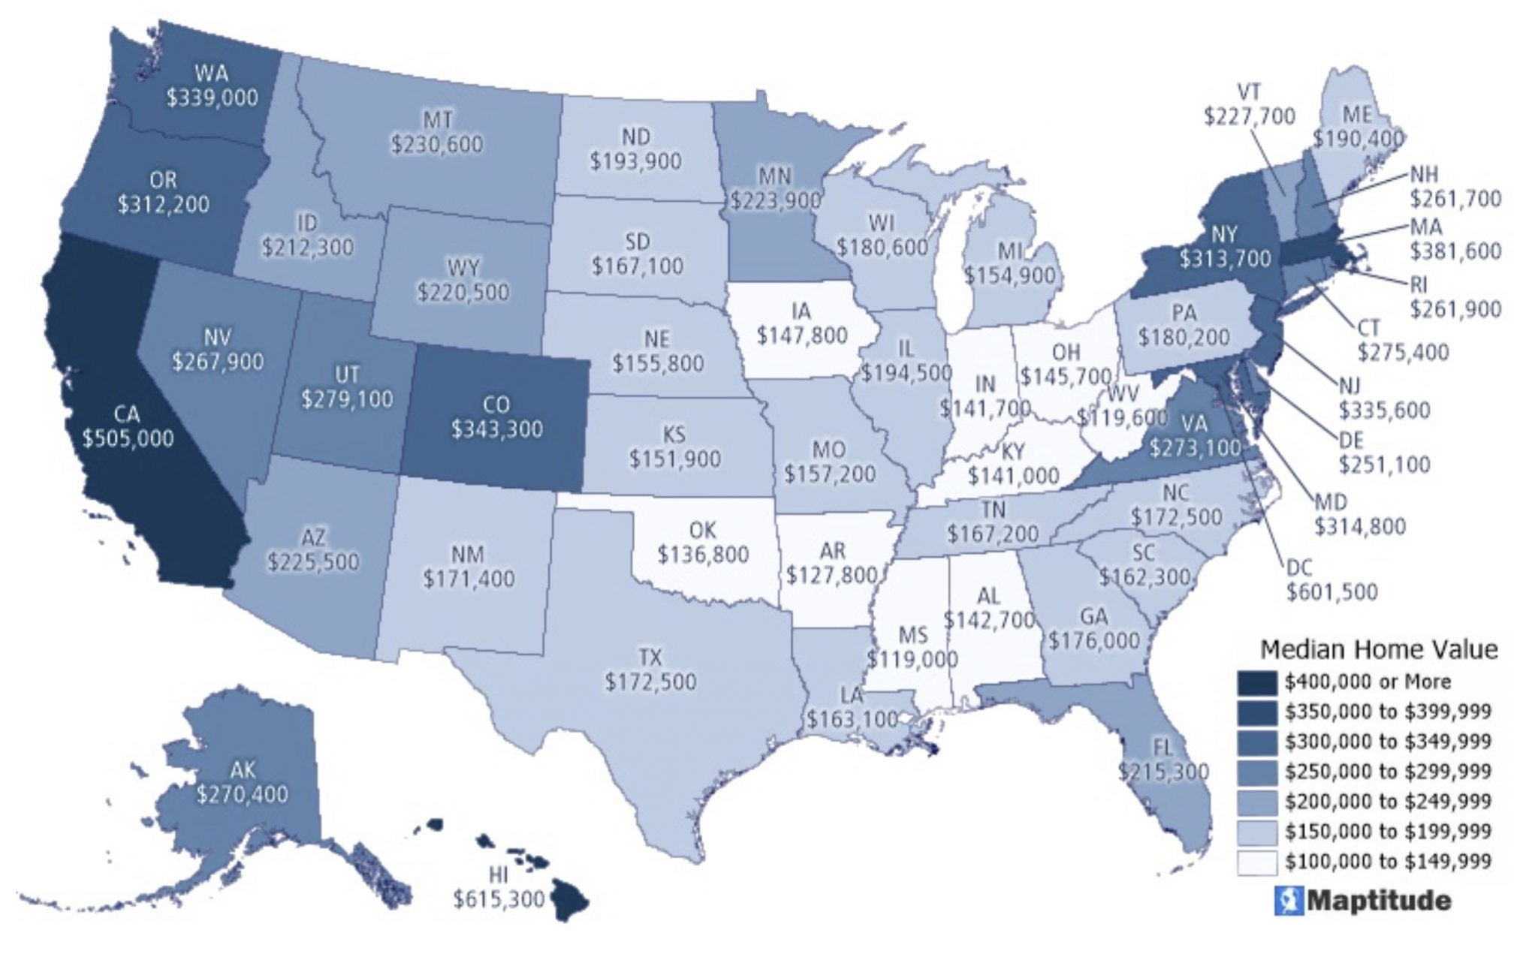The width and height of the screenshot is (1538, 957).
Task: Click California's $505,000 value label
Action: (128, 438)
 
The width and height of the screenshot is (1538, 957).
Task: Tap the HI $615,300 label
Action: (498, 888)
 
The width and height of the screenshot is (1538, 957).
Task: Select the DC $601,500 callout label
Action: (1331, 580)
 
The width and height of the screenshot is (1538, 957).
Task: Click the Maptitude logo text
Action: (1379, 901)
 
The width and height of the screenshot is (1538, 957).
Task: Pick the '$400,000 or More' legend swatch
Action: (1256, 682)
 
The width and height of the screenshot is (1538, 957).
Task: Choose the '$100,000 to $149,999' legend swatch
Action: (1256, 862)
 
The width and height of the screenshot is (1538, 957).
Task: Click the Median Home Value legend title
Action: (1378, 649)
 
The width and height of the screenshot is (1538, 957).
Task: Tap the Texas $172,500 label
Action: (650, 670)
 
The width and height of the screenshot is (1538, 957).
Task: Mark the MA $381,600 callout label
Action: (1455, 239)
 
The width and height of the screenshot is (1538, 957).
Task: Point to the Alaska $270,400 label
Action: (242, 782)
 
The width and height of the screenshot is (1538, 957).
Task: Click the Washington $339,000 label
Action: (212, 86)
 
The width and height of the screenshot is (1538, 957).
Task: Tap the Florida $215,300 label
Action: (1163, 760)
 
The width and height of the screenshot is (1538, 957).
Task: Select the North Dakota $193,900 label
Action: (635, 149)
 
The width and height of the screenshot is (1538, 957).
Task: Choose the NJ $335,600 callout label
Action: (1384, 399)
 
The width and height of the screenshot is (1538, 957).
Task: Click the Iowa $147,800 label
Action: (801, 324)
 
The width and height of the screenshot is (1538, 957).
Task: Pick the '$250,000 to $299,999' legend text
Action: (1387, 772)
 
